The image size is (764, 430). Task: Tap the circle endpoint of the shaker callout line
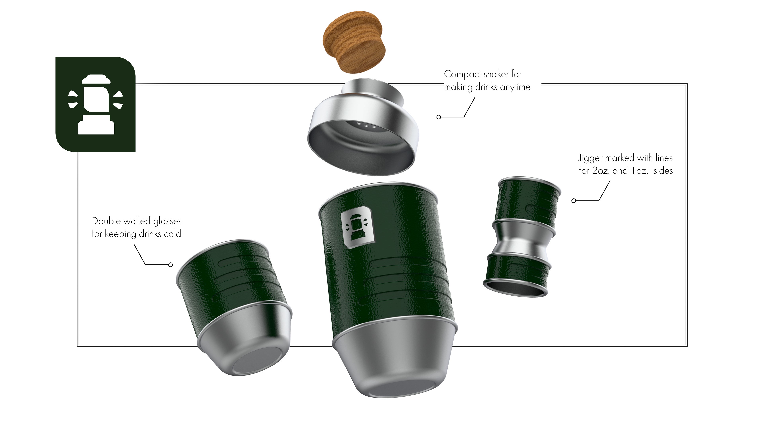pos(439,117)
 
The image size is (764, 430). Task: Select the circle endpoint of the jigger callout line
pos(574,201)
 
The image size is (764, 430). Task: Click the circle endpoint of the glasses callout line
pos(171,265)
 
